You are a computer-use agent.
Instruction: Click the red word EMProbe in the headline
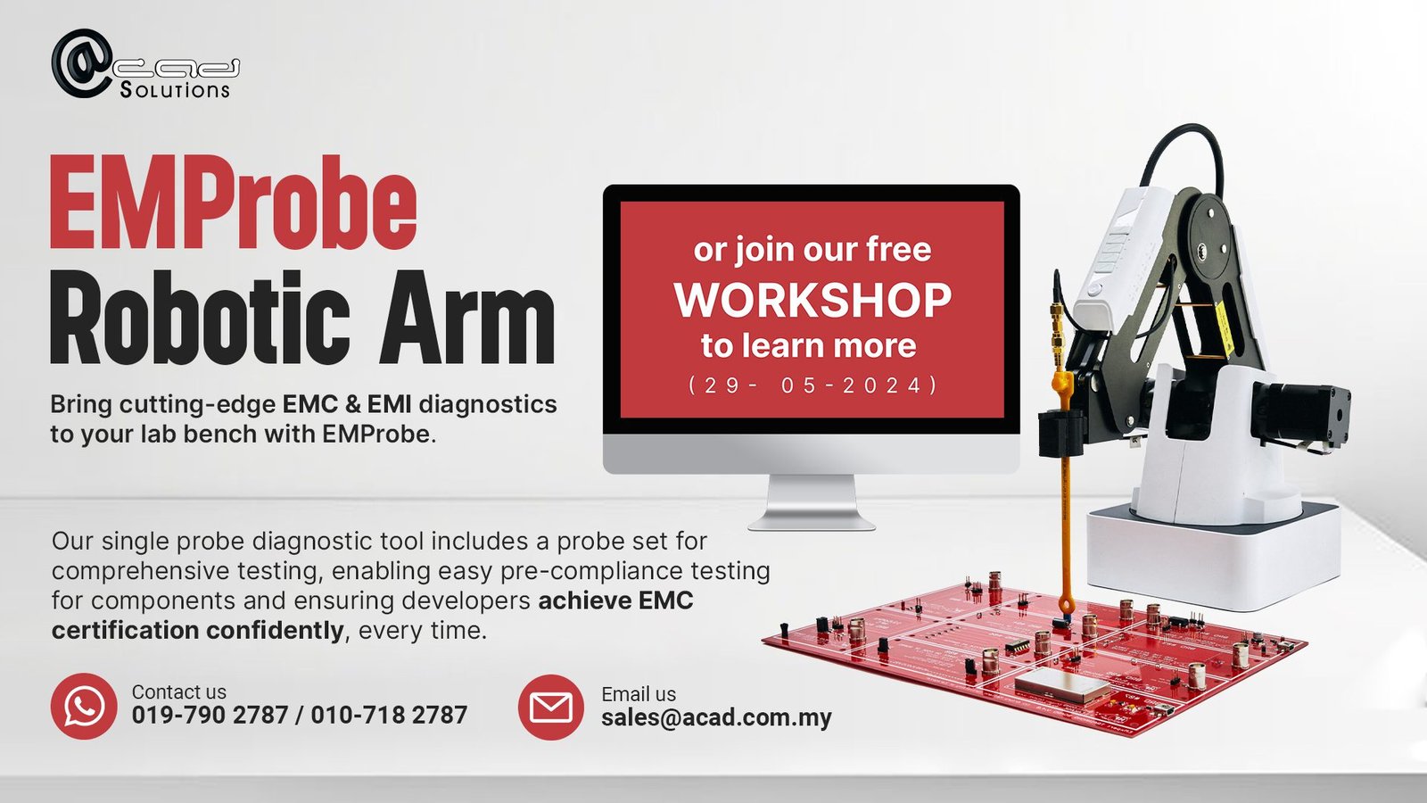point(233,203)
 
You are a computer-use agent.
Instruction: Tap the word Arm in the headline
point(467,317)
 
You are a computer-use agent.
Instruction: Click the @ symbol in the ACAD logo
point(81,63)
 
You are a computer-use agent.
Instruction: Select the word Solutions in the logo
point(175,89)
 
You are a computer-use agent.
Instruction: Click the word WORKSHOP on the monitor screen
point(812,300)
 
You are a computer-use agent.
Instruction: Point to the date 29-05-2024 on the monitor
point(812,385)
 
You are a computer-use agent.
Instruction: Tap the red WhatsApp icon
point(84,706)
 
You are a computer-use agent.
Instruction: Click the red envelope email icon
point(551,708)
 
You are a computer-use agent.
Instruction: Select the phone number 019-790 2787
point(210,715)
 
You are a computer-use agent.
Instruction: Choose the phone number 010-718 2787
point(389,715)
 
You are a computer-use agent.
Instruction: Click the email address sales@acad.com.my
point(717,717)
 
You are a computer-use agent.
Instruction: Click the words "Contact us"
point(179,691)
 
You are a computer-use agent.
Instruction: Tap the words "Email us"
point(639,694)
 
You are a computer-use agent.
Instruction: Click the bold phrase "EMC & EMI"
point(347,404)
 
